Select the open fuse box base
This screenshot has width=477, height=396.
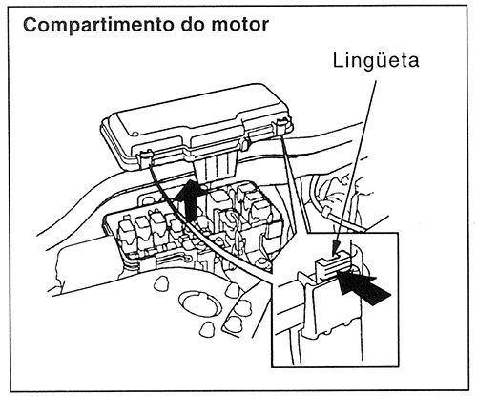pos(191,234)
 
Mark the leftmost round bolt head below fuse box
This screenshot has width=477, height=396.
pos(160,283)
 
